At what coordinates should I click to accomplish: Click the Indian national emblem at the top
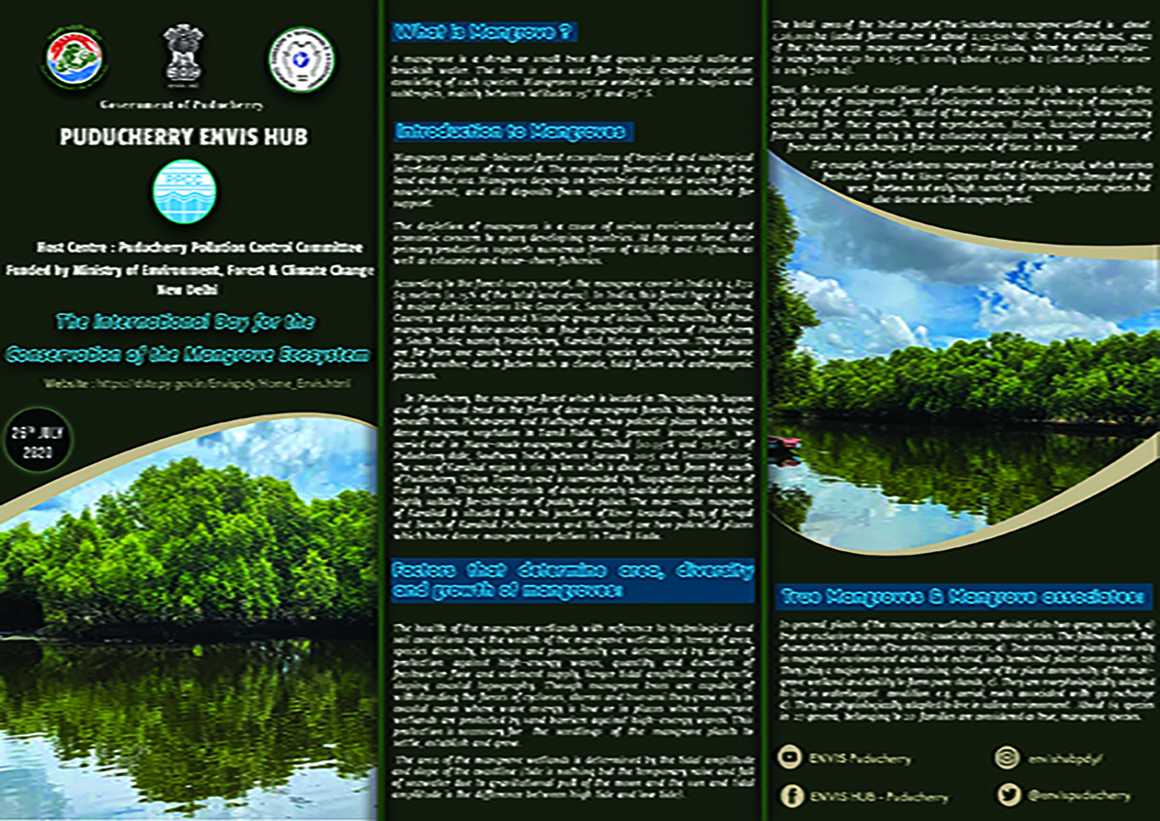[x=182, y=59]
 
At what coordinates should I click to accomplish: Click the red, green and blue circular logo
[x=74, y=59]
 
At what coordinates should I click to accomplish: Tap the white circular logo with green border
[x=300, y=59]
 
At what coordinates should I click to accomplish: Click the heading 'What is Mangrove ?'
[x=484, y=33]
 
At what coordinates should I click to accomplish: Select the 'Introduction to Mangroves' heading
[x=513, y=132]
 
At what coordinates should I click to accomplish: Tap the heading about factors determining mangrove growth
[x=572, y=580]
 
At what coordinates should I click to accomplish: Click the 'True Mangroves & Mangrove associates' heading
[x=962, y=595]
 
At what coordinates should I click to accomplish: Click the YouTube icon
[x=791, y=756]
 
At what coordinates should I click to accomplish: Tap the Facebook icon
[x=791, y=795]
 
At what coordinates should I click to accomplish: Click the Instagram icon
[x=1007, y=757]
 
